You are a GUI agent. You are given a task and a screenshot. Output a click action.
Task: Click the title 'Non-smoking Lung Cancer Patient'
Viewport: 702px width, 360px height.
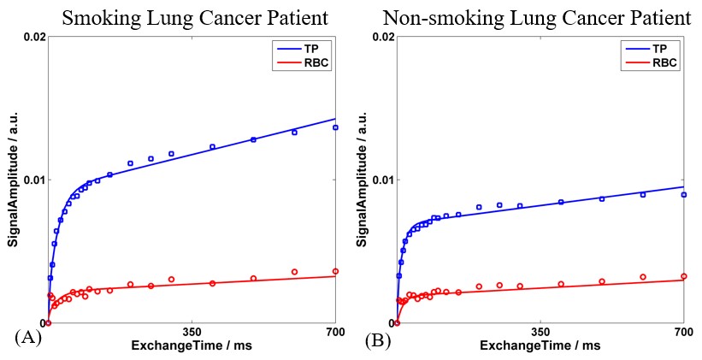pos(536,17)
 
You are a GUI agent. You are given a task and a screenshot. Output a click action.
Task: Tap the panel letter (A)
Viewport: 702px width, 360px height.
pos(27,338)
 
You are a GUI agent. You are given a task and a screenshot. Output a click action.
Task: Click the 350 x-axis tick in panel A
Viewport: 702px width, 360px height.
pos(192,332)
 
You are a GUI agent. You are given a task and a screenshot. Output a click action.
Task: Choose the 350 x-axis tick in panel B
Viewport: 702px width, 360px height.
pos(540,332)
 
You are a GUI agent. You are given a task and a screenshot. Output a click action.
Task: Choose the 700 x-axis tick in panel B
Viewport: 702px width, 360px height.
pos(682,332)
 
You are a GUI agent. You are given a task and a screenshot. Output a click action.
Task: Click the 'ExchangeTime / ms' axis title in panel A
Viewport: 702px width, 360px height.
pos(192,345)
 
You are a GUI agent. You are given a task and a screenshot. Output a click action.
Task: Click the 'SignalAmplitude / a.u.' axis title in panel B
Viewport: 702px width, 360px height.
pos(362,180)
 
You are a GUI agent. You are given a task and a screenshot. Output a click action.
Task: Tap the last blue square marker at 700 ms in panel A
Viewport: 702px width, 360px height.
pos(335,127)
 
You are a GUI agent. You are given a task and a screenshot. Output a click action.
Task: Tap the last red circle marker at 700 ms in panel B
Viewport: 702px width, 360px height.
pos(683,276)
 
